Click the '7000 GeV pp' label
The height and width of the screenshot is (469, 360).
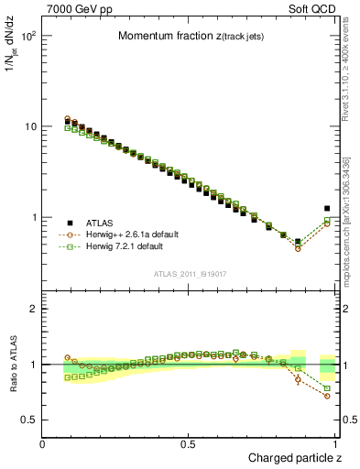pyautogui.click(x=76, y=8)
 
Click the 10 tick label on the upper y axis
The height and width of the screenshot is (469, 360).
pyautogui.click(x=29, y=125)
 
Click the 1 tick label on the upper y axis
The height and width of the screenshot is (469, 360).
pyautogui.click(x=33, y=217)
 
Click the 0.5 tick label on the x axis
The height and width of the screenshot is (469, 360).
pyautogui.click(x=189, y=443)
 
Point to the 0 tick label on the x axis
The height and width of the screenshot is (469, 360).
pyautogui.click(x=43, y=443)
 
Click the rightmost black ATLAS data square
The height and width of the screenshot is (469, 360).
pyautogui.click(x=327, y=208)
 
